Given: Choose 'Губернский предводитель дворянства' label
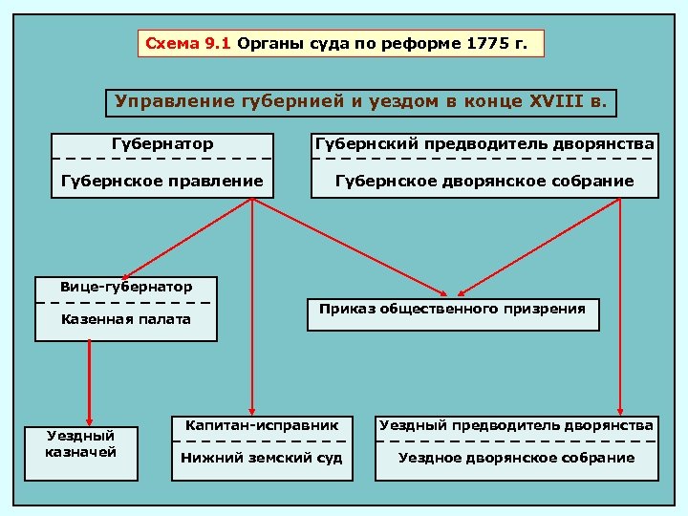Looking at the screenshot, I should [x=484, y=144].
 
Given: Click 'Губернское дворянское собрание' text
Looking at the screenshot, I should [x=484, y=181].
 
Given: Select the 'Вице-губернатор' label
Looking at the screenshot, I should [x=125, y=287].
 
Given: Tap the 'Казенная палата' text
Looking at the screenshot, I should [x=125, y=319].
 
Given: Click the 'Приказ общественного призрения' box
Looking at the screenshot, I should [x=452, y=310].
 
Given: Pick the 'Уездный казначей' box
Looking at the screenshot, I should [x=81, y=443].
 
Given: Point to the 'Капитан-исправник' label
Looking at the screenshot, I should [x=262, y=423].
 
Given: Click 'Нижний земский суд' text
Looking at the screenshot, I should [x=262, y=458].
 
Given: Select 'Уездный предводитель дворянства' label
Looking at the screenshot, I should [x=516, y=424].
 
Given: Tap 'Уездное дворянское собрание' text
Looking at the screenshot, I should [x=516, y=458].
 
